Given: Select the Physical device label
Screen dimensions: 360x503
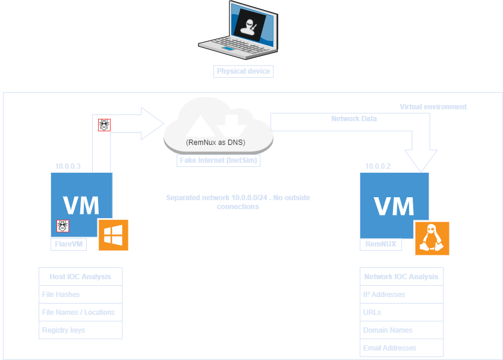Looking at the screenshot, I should click(243, 71).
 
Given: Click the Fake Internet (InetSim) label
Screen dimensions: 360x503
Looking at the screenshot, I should click(218, 160).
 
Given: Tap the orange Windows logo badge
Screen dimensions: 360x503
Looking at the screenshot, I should click(113, 235).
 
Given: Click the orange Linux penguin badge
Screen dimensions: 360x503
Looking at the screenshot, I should click(432, 238).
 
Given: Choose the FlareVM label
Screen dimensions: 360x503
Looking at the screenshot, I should click(67, 244).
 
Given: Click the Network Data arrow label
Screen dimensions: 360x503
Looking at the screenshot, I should click(354, 119).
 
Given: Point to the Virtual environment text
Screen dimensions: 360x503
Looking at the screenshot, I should click(433, 107).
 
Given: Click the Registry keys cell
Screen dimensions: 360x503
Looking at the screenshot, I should click(80, 330).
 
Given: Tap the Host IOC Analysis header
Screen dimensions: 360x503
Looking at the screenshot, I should click(80, 277).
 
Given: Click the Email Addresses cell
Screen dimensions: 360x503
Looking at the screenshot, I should click(401, 348).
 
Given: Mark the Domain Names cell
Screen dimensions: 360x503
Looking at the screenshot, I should click(401, 330).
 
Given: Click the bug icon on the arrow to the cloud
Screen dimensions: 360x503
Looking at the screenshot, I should click(104, 125).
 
